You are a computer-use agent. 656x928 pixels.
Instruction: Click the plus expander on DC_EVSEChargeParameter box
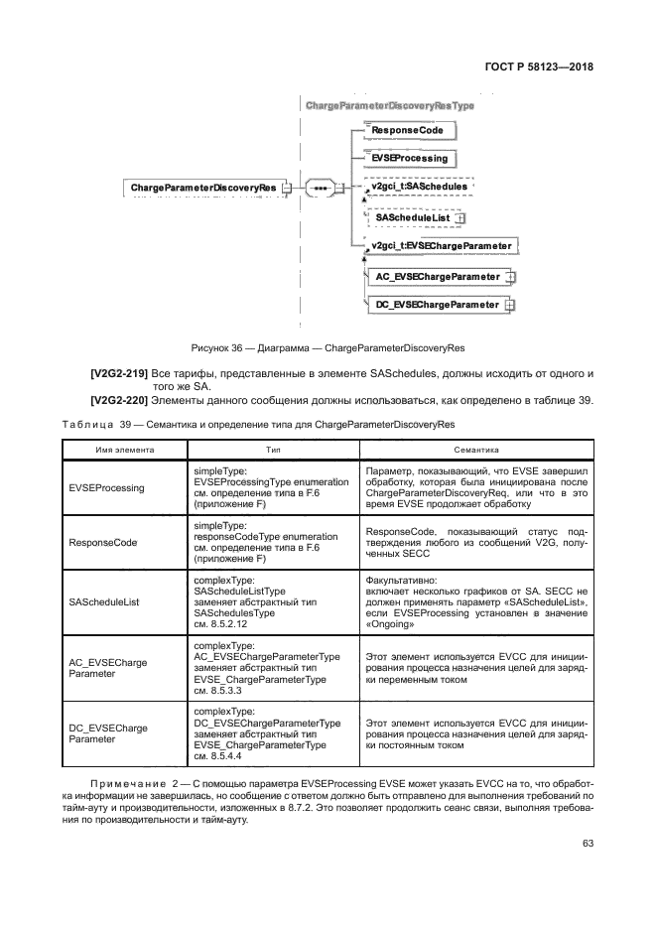[510, 306]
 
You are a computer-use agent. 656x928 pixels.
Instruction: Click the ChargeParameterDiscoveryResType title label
[390, 104]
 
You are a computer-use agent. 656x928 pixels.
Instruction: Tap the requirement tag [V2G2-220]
[119, 401]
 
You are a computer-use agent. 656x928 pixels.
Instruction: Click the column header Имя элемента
[125, 450]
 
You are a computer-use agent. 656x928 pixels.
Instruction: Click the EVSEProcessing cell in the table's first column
[106, 488]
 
